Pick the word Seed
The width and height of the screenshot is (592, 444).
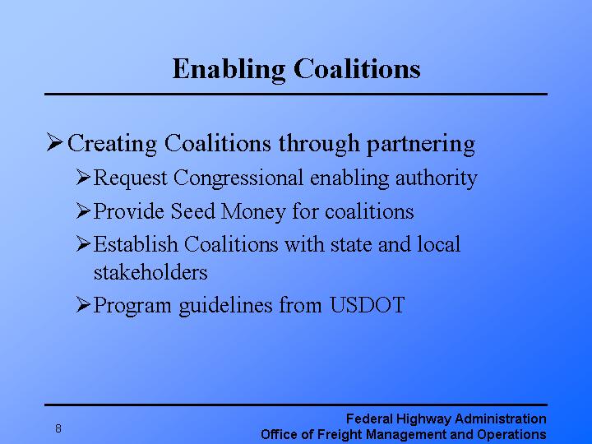tap(192, 211)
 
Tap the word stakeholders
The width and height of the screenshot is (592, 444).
tap(150, 271)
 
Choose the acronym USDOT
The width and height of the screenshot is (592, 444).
tap(367, 305)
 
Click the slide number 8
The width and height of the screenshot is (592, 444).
tap(58, 428)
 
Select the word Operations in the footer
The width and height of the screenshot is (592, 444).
tap(513, 434)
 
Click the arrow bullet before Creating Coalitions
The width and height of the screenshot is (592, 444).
tap(54, 144)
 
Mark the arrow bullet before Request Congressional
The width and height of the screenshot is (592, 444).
tap(82, 178)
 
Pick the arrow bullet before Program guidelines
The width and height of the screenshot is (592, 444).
tap(82, 305)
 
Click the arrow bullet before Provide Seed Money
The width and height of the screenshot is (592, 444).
tap(82, 211)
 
